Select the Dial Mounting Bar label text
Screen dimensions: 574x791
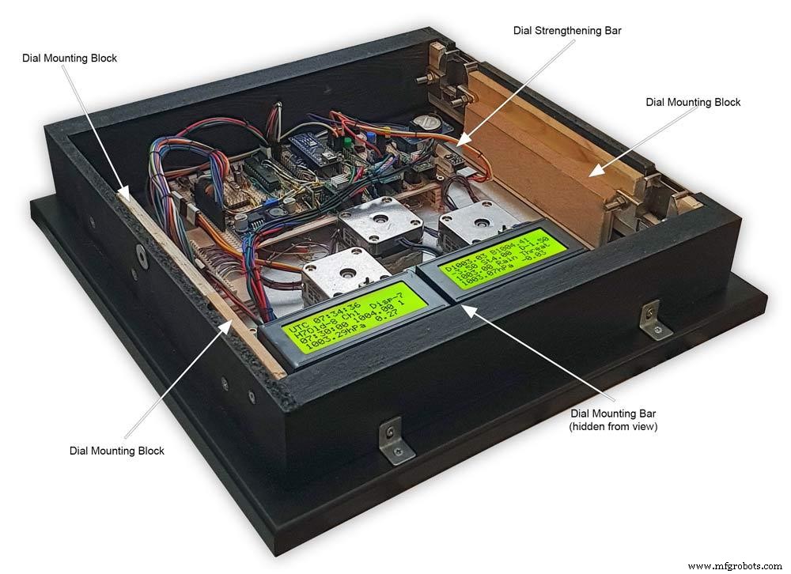(x=613, y=413)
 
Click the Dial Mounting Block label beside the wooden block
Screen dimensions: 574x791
(x=693, y=102)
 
